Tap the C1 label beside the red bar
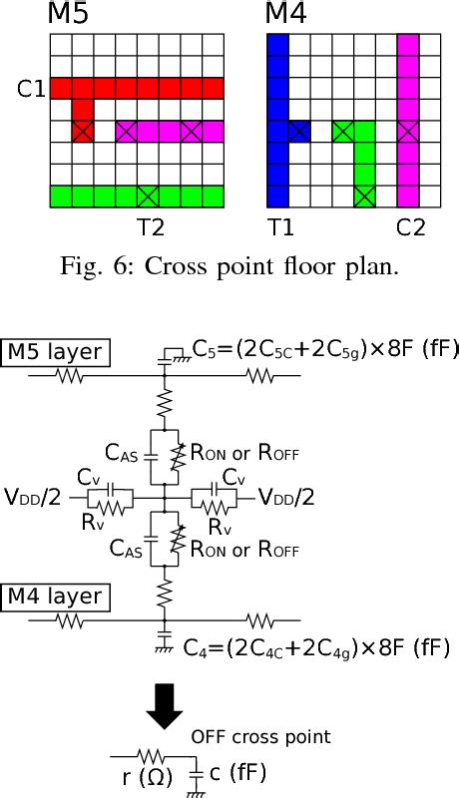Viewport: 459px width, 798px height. [x=31, y=89]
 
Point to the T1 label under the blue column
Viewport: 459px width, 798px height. [x=282, y=227]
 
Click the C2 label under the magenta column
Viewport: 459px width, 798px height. [x=410, y=227]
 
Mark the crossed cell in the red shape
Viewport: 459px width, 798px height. [x=82, y=131]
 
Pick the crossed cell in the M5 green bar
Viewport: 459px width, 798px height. [x=148, y=196]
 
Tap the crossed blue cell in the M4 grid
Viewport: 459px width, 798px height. [x=298, y=131]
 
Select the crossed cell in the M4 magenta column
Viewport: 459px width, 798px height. [x=407, y=131]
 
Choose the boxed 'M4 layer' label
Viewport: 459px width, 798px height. [x=55, y=597]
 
